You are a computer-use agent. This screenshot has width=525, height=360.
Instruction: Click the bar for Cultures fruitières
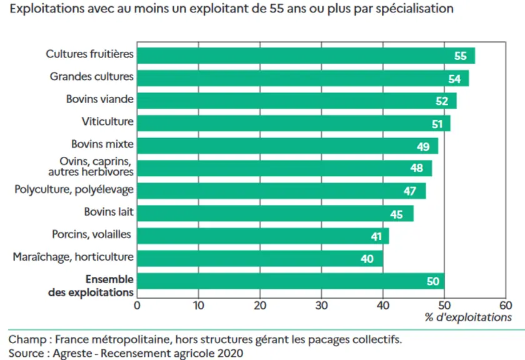(306, 56)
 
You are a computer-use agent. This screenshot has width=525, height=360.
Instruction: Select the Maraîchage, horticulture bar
(260, 259)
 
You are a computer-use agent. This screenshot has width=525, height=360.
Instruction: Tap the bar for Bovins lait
(275, 213)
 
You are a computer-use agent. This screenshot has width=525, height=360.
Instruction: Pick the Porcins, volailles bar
(263, 236)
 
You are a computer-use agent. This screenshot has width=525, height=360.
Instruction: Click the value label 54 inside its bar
(454, 79)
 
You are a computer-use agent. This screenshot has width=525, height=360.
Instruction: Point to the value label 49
(423, 147)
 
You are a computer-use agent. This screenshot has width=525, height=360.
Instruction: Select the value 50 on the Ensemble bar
(433, 281)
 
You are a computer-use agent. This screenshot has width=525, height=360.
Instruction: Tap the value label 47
(410, 191)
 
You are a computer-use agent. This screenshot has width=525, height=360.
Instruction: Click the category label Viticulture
(107, 121)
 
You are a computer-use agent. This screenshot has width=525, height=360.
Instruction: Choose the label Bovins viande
(100, 99)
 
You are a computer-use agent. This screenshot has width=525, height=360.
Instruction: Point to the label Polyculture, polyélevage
(74, 189)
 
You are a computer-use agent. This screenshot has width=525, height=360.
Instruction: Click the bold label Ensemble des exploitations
(91, 286)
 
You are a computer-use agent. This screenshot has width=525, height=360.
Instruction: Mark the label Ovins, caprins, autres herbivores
(91, 166)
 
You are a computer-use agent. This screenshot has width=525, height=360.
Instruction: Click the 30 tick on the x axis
(321, 306)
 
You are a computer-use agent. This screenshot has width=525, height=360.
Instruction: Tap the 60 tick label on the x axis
(506, 306)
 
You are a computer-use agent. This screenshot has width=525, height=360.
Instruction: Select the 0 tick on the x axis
(137, 306)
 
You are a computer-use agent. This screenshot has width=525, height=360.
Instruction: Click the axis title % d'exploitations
(468, 317)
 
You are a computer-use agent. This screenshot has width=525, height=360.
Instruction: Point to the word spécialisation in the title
(414, 9)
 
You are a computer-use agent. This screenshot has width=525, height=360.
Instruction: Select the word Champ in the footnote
(27, 339)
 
